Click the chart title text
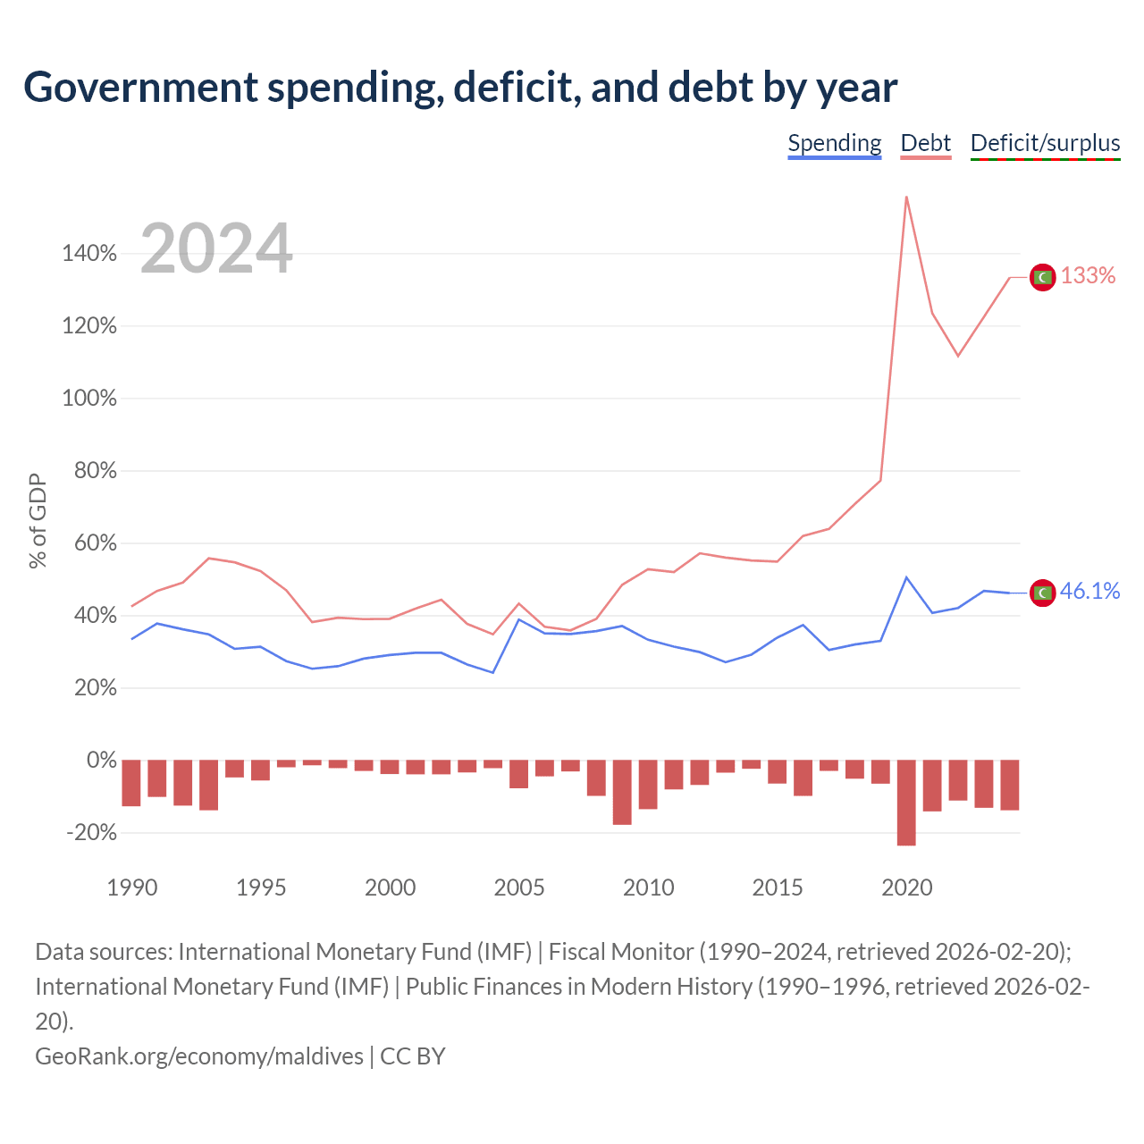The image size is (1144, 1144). click(x=460, y=88)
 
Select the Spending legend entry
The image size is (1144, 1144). click(x=834, y=144)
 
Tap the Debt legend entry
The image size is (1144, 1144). click(x=926, y=144)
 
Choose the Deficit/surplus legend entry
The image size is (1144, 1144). click(x=1045, y=144)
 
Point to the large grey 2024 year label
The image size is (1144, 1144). click(x=216, y=248)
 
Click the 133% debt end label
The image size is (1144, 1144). click(x=1088, y=275)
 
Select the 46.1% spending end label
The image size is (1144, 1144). click(x=1089, y=591)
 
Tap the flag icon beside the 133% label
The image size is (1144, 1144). click(x=1042, y=277)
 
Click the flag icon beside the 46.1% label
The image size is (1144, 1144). click(x=1042, y=593)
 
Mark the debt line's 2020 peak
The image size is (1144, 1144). click(x=906, y=197)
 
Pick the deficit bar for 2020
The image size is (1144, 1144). click(x=906, y=802)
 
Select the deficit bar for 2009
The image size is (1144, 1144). click(x=622, y=792)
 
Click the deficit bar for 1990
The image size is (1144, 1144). click(x=131, y=782)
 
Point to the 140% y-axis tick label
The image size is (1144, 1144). click(x=89, y=254)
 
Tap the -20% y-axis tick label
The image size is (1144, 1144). click(x=91, y=832)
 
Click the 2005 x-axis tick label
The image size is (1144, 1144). click(x=519, y=887)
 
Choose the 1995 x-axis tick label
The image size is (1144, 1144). click(x=261, y=887)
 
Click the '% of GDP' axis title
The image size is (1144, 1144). click(x=38, y=520)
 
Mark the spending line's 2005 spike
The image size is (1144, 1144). click(x=519, y=619)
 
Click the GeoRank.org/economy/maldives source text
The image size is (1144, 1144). click(x=199, y=1056)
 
